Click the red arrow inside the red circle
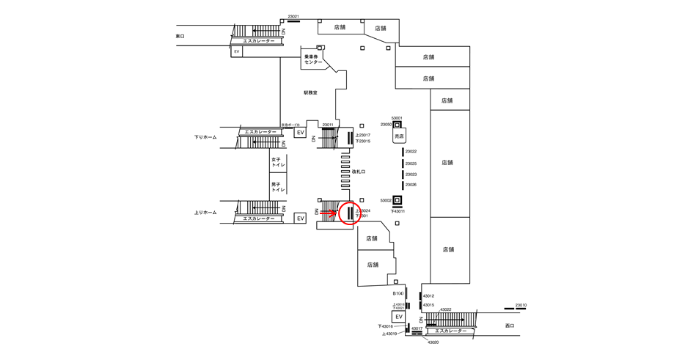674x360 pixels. pyautogui.click(x=328, y=213)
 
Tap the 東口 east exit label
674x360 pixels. pyautogui.click(x=180, y=36)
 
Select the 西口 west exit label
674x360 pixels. pyautogui.click(x=510, y=326)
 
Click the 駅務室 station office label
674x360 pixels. pyautogui.click(x=311, y=93)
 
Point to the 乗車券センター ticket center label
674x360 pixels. pyautogui.click(x=313, y=59)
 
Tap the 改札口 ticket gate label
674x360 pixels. pyautogui.click(x=359, y=172)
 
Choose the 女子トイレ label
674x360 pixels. pyautogui.click(x=278, y=162)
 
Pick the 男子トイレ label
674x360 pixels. pyautogui.click(x=278, y=187)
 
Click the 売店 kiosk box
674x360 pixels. pyautogui.click(x=399, y=136)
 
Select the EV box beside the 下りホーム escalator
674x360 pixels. pyautogui.click(x=300, y=133)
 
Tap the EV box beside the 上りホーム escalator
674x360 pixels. pyautogui.click(x=300, y=218)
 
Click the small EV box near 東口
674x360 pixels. pyautogui.click(x=237, y=52)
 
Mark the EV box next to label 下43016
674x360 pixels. pyautogui.click(x=399, y=317)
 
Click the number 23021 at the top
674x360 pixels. pyautogui.click(x=293, y=17)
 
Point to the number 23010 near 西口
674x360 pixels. pyautogui.click(x=521, y=305)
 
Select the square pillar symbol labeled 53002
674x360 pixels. pyautogui.click(x=398, y=200)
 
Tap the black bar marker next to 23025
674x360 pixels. pyautogui.click(x=403, y=164)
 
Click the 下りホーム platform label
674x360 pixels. pyautogui.click(x=205, y=137)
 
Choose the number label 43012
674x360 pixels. pyautogui.click(x=428, y=296)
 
